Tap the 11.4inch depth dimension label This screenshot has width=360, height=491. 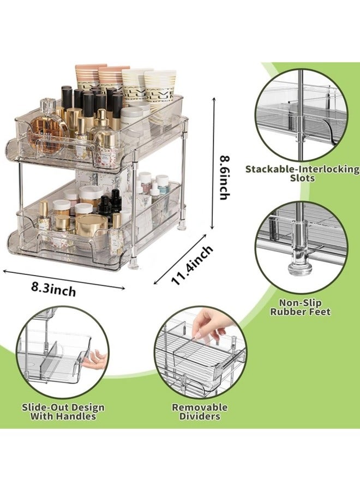click(193, 264)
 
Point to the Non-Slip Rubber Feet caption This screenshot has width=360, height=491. click(301, 307)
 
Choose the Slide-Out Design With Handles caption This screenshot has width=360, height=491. click(63, 411)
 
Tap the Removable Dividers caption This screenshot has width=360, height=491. click(200, 411)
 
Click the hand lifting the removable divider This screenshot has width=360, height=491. click(208, 328)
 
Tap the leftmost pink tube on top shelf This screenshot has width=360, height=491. click(90, 76)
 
